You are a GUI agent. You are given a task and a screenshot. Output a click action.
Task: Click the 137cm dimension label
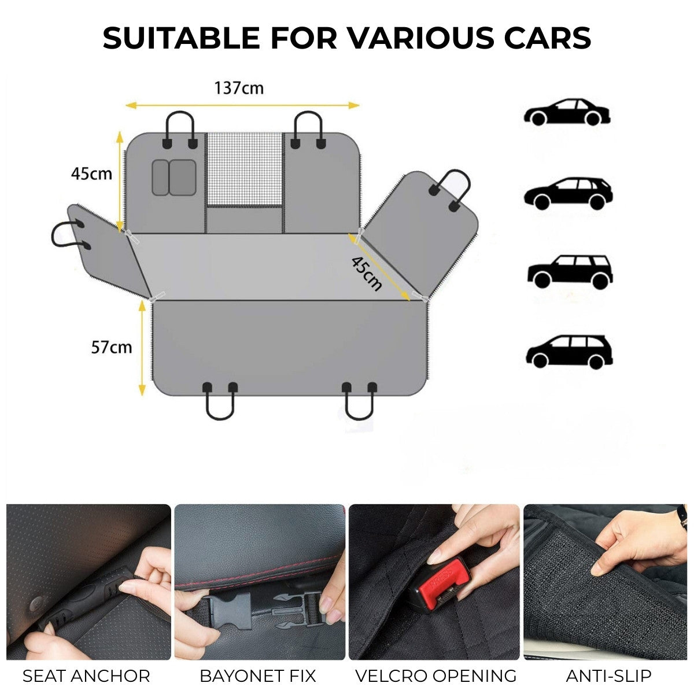click(x=239, y=88)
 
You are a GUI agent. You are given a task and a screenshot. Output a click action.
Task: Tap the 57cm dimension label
click(x=111, y=347)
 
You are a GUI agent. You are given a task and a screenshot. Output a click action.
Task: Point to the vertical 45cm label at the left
click(x=91, y=173)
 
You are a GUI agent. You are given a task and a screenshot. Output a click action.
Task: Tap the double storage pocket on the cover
click(x=174, y=177)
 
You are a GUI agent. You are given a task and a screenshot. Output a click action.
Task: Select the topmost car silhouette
click(x=567, y=112)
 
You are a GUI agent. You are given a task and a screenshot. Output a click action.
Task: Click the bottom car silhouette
click(x=569, y=351)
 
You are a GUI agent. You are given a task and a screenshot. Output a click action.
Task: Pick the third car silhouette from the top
click(x=570, y=271)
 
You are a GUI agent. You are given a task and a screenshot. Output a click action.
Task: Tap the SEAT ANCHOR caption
click(x=86, y=676)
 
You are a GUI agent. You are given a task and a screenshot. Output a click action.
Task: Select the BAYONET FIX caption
click(x=258, y=676)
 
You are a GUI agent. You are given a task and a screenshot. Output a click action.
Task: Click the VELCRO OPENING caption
click(x=435, y=676)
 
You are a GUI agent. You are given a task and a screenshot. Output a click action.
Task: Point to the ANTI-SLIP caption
click(x=608, y=676)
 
